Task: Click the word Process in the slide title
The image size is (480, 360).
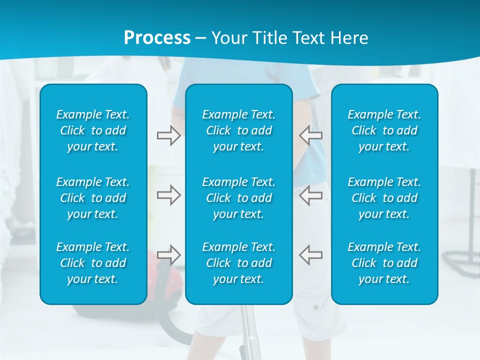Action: [157, 38]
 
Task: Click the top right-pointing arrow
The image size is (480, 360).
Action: [168, 135]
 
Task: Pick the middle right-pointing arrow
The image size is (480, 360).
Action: [168, 194]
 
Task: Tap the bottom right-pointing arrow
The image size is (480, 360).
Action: [168, 254]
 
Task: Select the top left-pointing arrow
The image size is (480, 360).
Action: [310, 135]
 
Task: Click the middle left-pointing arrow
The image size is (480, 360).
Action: [310, 194]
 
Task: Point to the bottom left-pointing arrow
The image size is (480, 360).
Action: [310, 254]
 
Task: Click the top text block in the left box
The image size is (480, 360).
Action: [93, 130]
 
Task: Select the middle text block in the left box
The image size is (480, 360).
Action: [93, 198]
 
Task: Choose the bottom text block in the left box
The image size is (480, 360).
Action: [93, 263]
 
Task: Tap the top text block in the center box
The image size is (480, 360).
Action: [238, 130]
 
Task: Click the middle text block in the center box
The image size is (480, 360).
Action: [238, 198]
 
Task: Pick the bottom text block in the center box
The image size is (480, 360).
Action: [238, 263]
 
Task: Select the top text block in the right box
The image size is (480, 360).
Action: [384, 130]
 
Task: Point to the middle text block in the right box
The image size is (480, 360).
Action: [384, 198]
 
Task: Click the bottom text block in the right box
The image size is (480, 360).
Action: [384, 263]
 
